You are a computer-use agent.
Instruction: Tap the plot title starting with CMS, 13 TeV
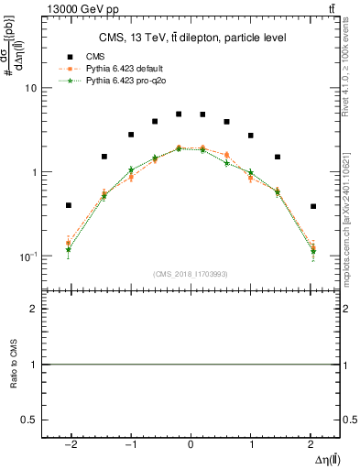[x=192, y=38]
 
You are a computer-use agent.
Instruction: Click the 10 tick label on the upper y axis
[x=30, y=89]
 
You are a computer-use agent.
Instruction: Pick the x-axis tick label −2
[x=71, y=443]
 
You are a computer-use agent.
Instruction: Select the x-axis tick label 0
[x=191, y=443]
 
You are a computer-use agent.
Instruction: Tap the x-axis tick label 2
[x=311, y=443]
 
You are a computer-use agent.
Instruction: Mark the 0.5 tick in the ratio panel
[x=30, y=419]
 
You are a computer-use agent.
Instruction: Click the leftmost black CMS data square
[x=69, y=205]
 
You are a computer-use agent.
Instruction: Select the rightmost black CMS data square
[x=313, y=206]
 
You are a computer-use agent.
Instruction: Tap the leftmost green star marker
[x=69, y=249]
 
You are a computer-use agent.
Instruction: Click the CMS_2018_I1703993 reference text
[x=191, y=275]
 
